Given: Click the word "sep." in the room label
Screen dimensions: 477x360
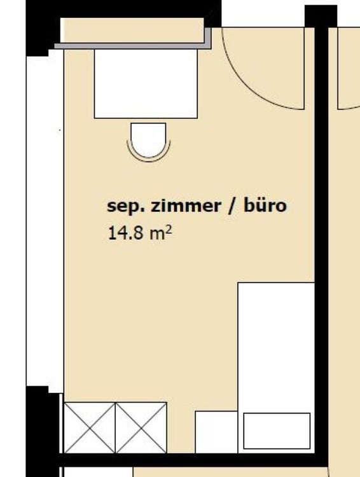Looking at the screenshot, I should [x=123, y=207].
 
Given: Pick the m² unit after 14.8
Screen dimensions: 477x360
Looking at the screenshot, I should [x=161, y=233].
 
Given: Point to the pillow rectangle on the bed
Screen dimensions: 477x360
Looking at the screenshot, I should [x=277, y=431].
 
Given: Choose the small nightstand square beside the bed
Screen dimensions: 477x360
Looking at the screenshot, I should [x=216, y=432].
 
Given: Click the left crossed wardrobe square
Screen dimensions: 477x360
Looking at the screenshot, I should [x=90, y=427].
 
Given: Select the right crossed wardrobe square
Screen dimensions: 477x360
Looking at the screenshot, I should [x=141, y=427].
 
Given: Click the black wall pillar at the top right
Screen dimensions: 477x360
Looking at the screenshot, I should [x=321, y=16].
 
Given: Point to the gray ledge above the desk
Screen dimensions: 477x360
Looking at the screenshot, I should [x=134, y=45].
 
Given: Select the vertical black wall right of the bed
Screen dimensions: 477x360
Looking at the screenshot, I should [x=322, y=286].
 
